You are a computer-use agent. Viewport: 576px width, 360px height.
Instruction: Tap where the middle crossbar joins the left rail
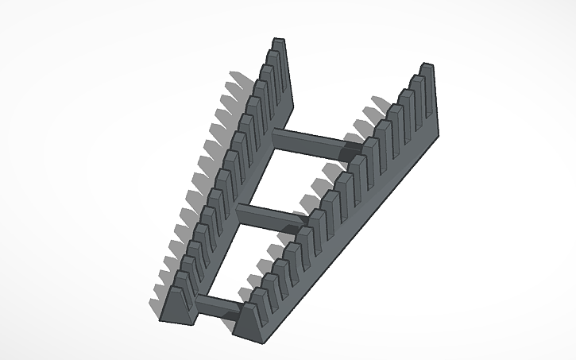(x=241, y=209)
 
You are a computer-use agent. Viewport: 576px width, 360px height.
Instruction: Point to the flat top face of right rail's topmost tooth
(x=427, y=66)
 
